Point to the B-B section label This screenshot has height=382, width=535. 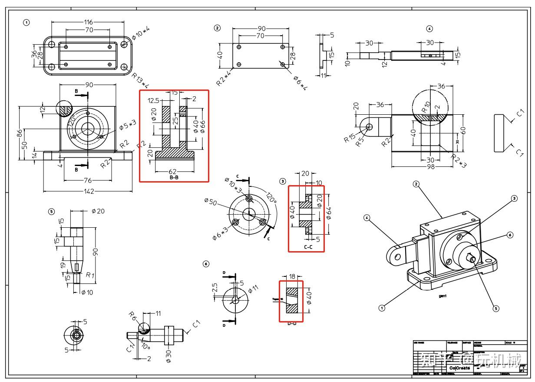(174, 177)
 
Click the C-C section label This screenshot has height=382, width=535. (308, 247)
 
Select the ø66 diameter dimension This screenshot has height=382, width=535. (202, 126)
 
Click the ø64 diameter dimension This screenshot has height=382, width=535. (329, 213)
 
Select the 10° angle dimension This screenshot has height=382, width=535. (145, 346)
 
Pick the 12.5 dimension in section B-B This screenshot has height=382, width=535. (154, 100)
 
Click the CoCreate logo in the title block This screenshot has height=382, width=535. (459, 368)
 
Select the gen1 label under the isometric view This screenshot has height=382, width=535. (443, 296)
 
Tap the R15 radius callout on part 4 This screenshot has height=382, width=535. (349, 138)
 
